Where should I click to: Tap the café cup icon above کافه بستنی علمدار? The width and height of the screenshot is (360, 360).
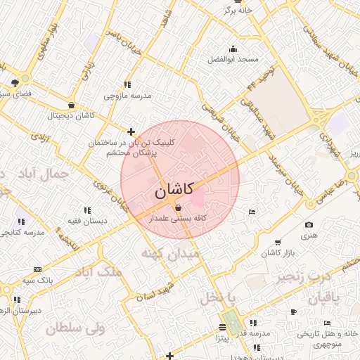point(177,207)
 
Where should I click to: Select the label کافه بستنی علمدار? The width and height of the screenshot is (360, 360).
point(177,219)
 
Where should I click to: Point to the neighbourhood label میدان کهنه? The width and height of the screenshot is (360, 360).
point(171,253)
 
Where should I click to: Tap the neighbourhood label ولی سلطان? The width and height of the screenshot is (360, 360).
point(76,328)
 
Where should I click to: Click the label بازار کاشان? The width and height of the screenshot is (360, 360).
point(280,252)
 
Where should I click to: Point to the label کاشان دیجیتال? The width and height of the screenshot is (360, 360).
point(70,115)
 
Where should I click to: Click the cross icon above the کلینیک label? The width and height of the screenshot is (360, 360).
point(131,131)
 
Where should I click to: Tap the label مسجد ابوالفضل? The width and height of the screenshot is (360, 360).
point(233,60)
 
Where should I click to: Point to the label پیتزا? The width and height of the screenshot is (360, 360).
point(222,338)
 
